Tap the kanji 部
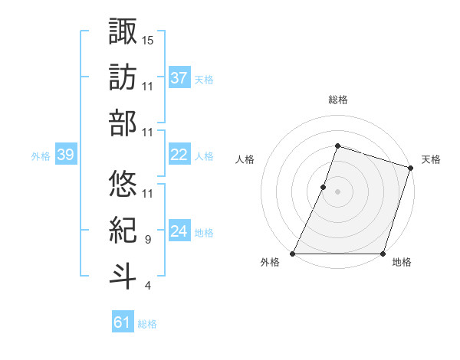[123, 123]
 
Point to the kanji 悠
[123, 183]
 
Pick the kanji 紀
[123, 230]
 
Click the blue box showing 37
[179, 78]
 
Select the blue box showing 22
[179, 155]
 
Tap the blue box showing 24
[179, 231]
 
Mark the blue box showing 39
[65, 155]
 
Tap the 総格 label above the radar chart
[337, 100]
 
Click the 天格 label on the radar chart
[431, 159]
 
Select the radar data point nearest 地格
[383, 254]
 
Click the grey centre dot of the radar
[337, 191]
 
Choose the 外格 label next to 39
[41, 156]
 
